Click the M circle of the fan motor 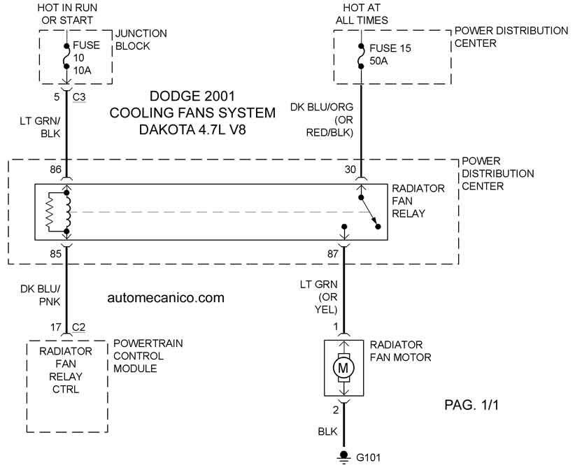click(343, 368)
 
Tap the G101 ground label click(369, 457)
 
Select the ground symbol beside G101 click(343, 457)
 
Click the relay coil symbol click(67, 212)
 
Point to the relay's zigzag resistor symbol click(50, 212)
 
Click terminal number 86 click(56, 170)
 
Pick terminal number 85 click(56, 254)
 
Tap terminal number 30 click(350, 169)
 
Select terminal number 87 click(332, 254)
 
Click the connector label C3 click(79, 97)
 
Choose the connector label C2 click(78, 327)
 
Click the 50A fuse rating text click(378, 61)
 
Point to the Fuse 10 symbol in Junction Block click(66, 56)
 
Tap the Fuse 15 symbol click(361, 56)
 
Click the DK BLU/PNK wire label click(41, 295)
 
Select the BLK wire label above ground click(327, 432)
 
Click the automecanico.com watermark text click(166, 297)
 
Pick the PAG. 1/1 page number click(471, 405)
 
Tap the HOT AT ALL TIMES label click(362, 14)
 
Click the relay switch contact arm click(369, 211)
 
